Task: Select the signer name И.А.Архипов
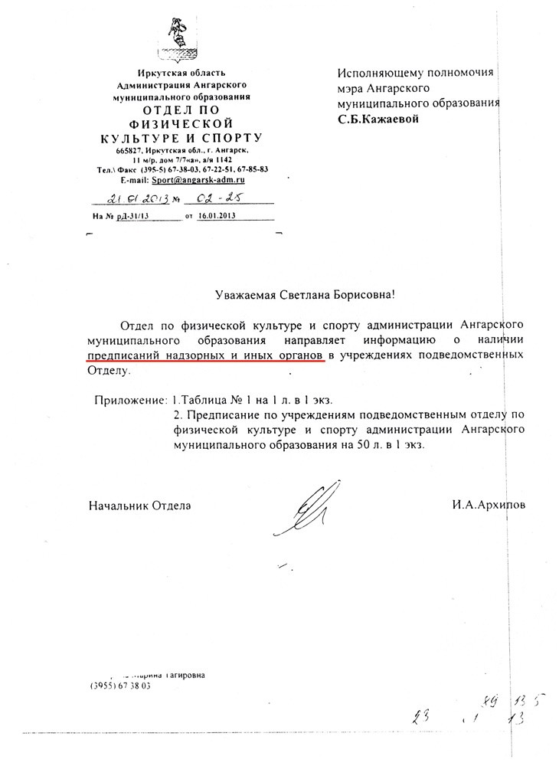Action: tap(489, 506)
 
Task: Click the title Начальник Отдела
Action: tap(139, 506)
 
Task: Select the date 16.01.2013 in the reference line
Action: tap(214, 217)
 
